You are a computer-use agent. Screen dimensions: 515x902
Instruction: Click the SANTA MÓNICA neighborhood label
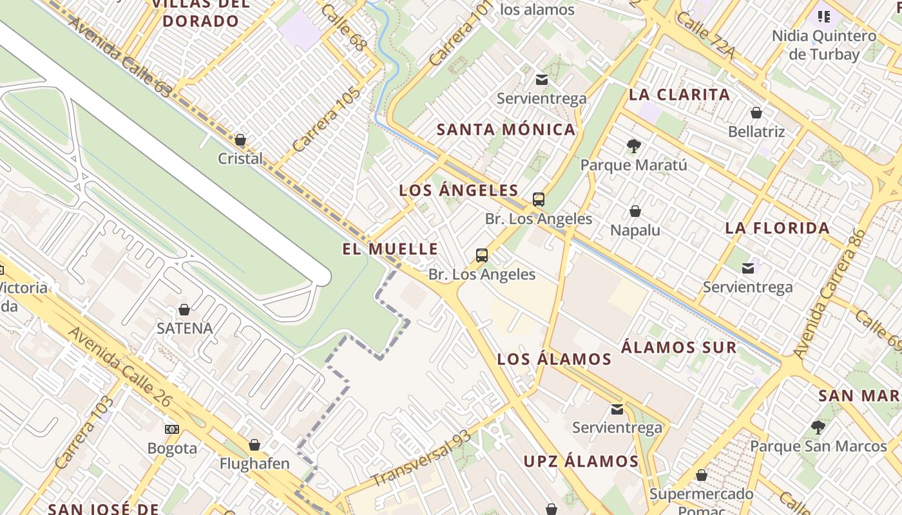click(506, 129)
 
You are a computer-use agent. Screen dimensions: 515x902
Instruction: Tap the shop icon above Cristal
click(240, 140)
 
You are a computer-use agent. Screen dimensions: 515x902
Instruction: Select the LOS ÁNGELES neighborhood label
click(458, 191)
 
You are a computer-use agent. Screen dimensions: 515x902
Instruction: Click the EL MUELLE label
click(390, 249)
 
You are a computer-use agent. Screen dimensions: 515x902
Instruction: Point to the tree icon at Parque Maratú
click(634, 146)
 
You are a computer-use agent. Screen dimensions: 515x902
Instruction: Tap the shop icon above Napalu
click(635, 211)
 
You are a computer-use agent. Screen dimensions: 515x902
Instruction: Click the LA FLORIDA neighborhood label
click(777, 228)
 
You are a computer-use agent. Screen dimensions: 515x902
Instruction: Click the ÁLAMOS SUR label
click(678, 348)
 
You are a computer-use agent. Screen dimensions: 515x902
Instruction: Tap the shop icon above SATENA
click(184, 310)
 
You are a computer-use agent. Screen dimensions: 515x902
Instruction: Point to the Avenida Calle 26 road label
click(120, 368)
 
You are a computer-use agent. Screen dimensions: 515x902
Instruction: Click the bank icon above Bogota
click(172, 429)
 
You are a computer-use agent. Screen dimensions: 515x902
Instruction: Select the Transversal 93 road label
click(421, 459)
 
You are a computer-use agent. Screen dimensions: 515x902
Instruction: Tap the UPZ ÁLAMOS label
click(581, 461)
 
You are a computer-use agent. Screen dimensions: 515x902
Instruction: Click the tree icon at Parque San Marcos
click(818, 427)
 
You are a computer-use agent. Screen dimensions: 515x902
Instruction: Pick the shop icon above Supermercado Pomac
click(701, 475)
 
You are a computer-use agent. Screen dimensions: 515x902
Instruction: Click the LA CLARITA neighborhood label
click(679, 95)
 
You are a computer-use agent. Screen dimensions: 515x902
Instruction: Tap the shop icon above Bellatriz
click(756, 113)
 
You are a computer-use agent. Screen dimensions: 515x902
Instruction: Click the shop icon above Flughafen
click(254, 445)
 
